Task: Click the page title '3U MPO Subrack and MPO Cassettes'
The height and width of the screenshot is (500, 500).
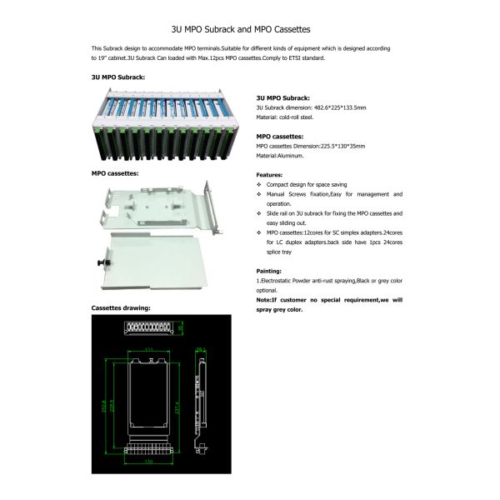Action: click(250, 27)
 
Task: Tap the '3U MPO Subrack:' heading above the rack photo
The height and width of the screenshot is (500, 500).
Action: click(118, 76)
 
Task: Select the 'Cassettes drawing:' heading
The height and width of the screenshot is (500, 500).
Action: click(121, 308)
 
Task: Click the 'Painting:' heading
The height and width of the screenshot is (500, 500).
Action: click(269, 272)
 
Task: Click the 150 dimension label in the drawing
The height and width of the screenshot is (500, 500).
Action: click(148, 461)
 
